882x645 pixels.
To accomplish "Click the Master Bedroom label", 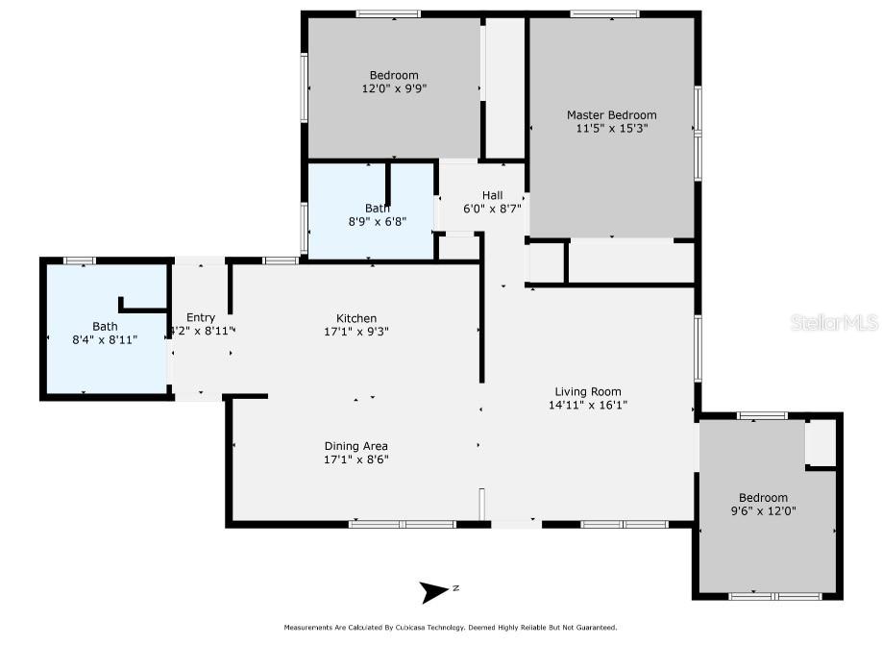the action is [611, 114].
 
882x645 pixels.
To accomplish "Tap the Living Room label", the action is [588, 392].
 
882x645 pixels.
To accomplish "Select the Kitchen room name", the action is [356, 318].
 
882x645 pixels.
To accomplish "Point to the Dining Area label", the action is [356, 446].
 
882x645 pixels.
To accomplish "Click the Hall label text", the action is [492, 195].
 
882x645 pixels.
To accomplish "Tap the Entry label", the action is [201, 317].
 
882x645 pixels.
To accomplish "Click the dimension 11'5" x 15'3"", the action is [612, 128].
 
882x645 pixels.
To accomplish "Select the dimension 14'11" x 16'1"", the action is [588, 405].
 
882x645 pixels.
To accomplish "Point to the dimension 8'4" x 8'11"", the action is [105, 339].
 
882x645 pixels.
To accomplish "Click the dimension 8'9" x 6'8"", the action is [378, 222].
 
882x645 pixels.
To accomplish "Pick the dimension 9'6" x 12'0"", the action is [763, 511].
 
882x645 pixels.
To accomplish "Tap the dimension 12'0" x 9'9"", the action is [394, 88].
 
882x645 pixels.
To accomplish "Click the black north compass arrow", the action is [432, 592].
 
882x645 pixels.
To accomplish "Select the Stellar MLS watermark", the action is [834, 323].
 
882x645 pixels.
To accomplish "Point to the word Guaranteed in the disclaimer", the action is [598, 628].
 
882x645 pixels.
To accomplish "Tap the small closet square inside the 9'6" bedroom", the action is [821, 443].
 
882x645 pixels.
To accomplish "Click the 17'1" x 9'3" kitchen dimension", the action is [356, 332].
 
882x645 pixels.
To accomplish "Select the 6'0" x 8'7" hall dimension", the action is [492, 209].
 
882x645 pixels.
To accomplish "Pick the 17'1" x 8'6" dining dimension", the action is [356, 459].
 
